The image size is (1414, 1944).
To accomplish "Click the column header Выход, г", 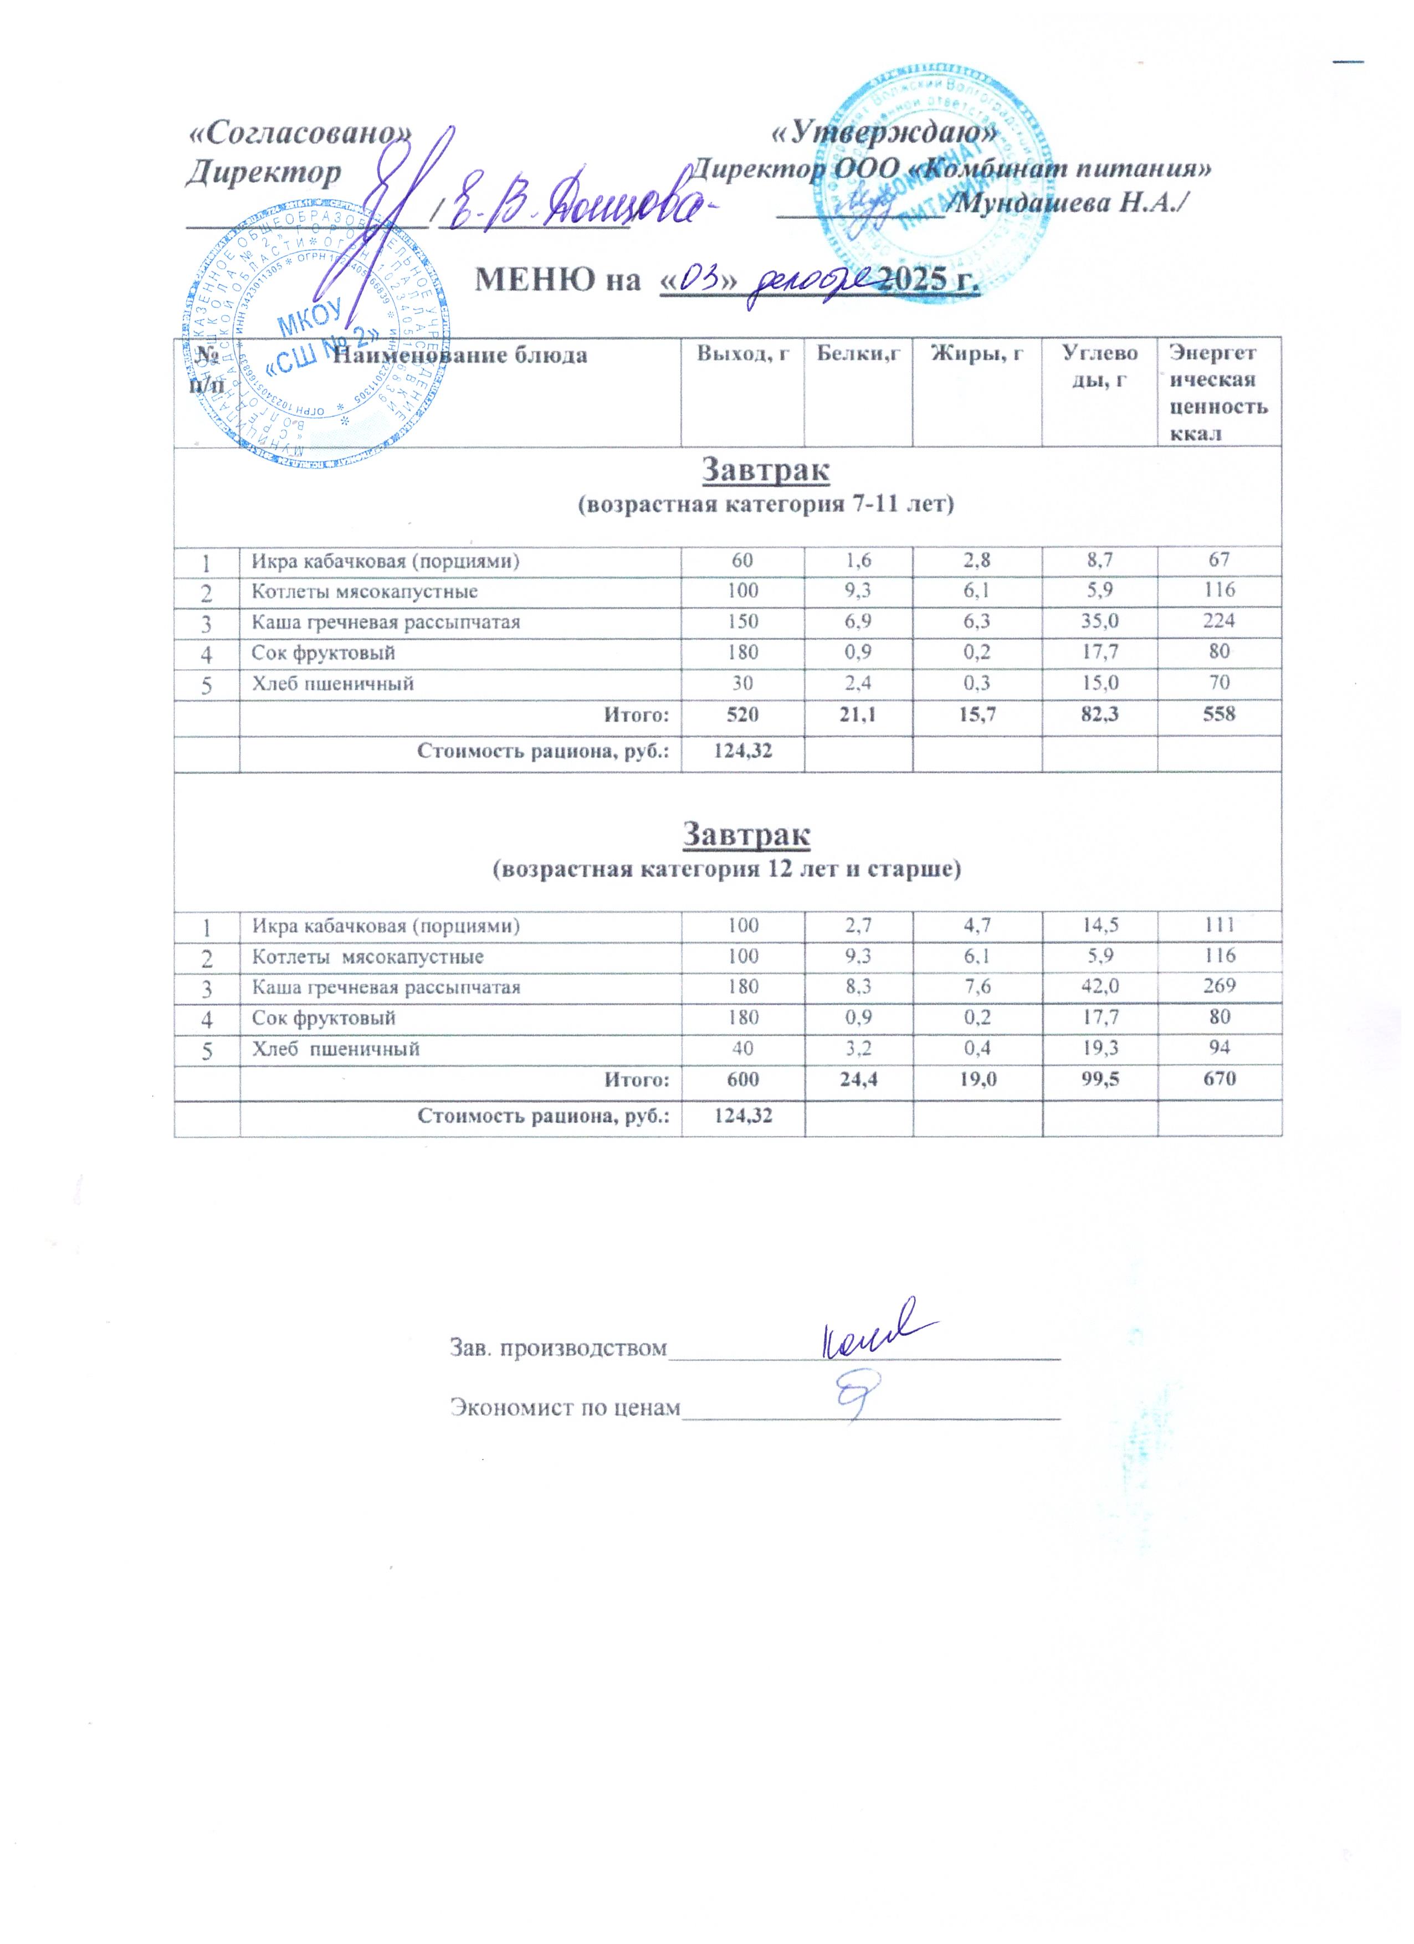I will pyautogui.click(x=742, y=353).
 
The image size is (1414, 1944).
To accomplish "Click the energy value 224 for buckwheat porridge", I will pyautogui.click(x=1218, y=621).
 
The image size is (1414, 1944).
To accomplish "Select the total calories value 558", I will pyautogui.click(x=1218, y=713).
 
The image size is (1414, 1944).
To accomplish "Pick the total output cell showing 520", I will pyautogui.click(x=742, y=713).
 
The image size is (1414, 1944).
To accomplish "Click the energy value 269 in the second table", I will pyautogui.click(x=1218, y=986).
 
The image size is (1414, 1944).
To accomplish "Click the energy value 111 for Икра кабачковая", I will pyautogui.click(x=1218, y=925).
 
